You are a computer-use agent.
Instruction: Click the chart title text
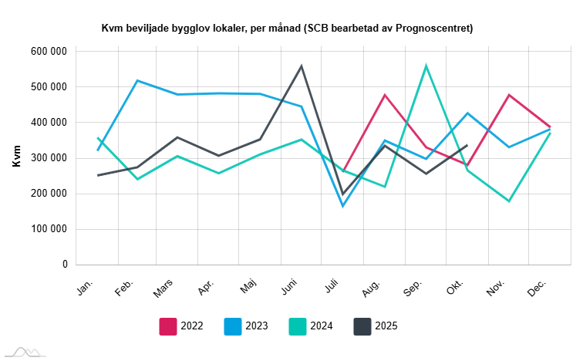coord(287,29)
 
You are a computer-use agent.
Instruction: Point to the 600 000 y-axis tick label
coord(49,52)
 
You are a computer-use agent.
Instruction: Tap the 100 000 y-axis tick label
coord(49,229)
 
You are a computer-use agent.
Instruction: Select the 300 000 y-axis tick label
coord(49,158)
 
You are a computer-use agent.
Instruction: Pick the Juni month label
coord(290,287)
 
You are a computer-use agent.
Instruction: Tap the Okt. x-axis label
coord(455,288)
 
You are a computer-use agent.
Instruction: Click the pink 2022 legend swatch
coord(169,326)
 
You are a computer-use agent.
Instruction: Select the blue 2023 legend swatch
coord(234,326)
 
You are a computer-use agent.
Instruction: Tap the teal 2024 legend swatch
coord(298,326)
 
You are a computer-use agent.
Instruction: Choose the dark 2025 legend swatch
coord(362,326)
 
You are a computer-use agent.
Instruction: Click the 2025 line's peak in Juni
coord(302,66)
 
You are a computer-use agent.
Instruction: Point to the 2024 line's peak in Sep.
coord(426,66)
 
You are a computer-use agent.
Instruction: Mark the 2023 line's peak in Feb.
coord(137,80)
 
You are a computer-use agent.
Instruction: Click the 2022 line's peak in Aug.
coord(384,95)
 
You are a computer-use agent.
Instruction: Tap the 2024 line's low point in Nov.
coord(508,201)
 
